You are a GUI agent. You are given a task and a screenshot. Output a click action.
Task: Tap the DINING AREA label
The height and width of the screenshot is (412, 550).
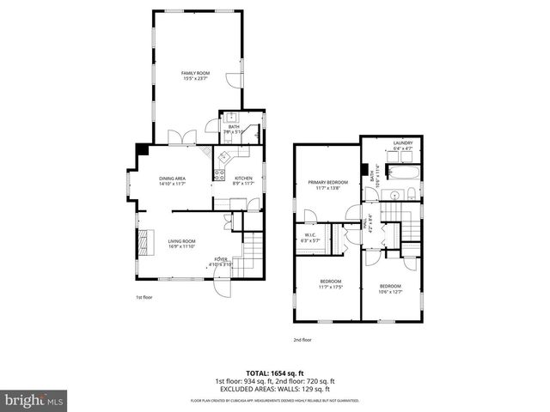pyautogui.click(x=173, y=177)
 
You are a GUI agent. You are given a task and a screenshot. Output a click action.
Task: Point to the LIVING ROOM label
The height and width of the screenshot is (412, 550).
pyautogui.click(x=181, y=241)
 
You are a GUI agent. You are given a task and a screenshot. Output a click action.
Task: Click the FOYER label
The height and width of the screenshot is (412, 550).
pyautogui.click(x=222, y=258)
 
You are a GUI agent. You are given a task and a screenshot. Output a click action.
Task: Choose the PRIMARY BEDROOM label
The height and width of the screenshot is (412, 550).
pyautogui.click(x=328, y=182)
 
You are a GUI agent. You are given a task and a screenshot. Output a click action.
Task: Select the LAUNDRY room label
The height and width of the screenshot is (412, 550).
pyautogui.click(x=404, y=142)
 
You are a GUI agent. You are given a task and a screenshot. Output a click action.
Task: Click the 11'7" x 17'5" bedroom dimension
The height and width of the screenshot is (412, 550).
pyautogui.click(x=331, y=287)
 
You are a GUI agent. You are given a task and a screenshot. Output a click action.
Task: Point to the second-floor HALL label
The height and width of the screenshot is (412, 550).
pyautogui.click(x=370, y=223)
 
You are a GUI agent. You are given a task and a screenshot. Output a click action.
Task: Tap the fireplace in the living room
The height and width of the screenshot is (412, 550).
pyautogui.click(x=143, y=241)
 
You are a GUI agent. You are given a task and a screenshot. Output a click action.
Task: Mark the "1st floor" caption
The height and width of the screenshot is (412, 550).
pyautogui.click(x=144, y=297)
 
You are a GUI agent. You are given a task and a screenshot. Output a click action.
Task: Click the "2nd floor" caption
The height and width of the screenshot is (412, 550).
pyautogui.click(x=302, y=339)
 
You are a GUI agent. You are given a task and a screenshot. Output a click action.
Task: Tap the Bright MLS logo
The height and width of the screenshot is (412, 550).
pyautogui.click(x=34, y=400)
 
